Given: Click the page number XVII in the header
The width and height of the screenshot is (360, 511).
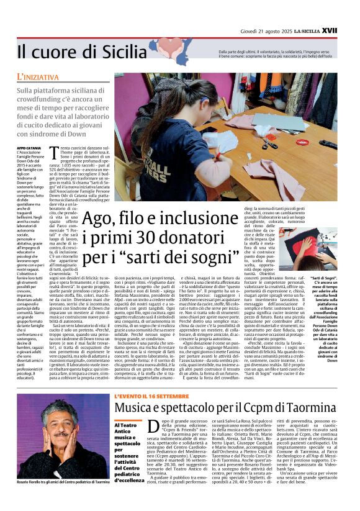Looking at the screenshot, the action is pyautogui.click(x=346, y=11).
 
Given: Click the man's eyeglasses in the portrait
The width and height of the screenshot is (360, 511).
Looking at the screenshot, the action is pyautogui.click(x=50, y=428).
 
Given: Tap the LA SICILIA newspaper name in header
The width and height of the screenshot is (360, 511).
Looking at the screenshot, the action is pyautogui.click(x=321, y=11).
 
